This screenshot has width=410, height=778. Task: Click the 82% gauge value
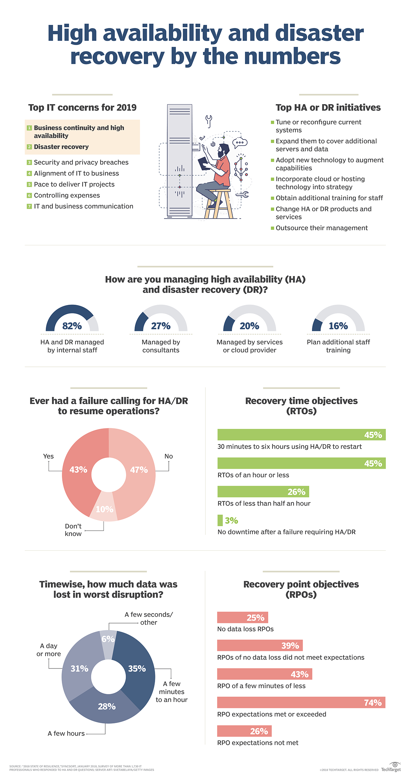tap(72, 326)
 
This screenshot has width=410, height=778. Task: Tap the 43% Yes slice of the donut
tap(78, 470)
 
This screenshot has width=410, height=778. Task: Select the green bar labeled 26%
tap(263, 492)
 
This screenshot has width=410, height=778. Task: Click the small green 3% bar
tap(220, 520)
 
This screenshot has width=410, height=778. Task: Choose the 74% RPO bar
tap(301, 703)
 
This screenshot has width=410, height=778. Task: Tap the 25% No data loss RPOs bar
tap(243, 618)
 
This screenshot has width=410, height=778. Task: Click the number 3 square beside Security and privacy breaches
tap(29, 162)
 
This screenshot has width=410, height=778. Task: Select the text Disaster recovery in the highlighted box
tap(61, 147)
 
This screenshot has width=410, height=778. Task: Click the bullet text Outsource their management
tap(322, 228)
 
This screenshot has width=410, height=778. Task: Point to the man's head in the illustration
tap(224, 150)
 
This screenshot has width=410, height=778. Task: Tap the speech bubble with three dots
tap(240, 142)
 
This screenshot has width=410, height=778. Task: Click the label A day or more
tap(49, 650)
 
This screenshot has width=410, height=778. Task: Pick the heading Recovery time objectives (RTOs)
tap(301, 406)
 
